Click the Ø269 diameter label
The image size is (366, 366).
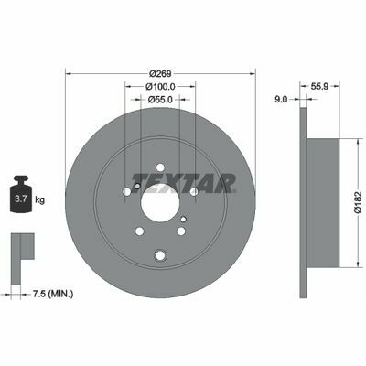(161, 74)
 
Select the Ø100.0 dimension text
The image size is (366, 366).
(160, 87)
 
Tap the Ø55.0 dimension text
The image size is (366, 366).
(160, 100)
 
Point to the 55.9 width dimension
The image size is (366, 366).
(319, 86)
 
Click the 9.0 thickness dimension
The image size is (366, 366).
(281, 99)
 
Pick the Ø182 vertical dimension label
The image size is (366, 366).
(358, 202)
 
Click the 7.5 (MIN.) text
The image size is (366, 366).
(53, 294)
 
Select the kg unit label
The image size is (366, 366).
(40, 200)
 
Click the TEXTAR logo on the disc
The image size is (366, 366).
(184, 183)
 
